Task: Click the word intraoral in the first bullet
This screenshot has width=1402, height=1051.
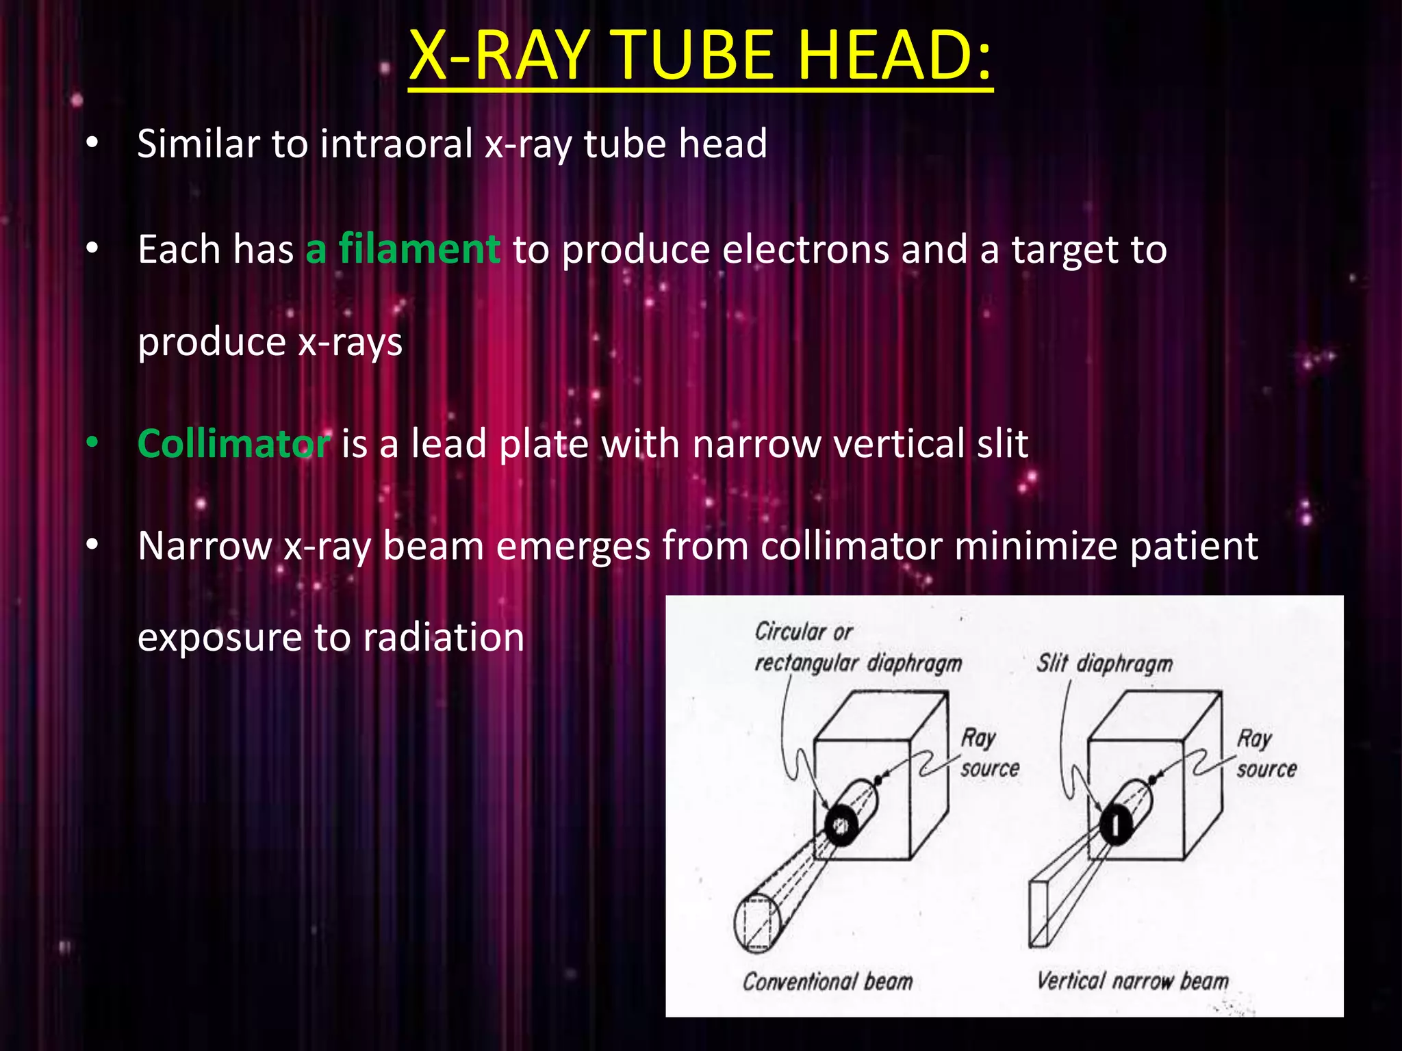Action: (x=396, y=144)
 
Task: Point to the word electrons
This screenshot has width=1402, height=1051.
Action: (x=805, y=249)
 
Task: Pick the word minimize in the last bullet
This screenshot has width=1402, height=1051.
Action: (x=1035, y=546)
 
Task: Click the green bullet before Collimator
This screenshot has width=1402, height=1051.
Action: (x=92, y=444)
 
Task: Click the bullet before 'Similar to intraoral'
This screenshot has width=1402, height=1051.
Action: (x=92, y=144)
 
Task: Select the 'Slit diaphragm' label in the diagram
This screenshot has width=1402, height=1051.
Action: (x=1104, y=663)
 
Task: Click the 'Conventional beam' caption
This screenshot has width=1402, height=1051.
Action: (x=828, y=982)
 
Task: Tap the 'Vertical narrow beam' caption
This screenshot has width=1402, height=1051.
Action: (x=1132, y=981)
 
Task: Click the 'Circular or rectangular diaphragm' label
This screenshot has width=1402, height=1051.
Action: (x=857, y=647)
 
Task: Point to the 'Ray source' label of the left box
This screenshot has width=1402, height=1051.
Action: (x=989, y=753)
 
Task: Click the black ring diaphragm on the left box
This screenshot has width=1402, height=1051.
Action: (x=841, y=826)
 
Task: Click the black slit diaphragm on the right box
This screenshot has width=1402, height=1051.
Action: (x=1116, y=824)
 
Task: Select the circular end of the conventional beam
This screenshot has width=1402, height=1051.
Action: (x=757, y=923)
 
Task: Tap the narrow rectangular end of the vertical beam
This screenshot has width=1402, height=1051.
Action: (x=1039, y=914)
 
